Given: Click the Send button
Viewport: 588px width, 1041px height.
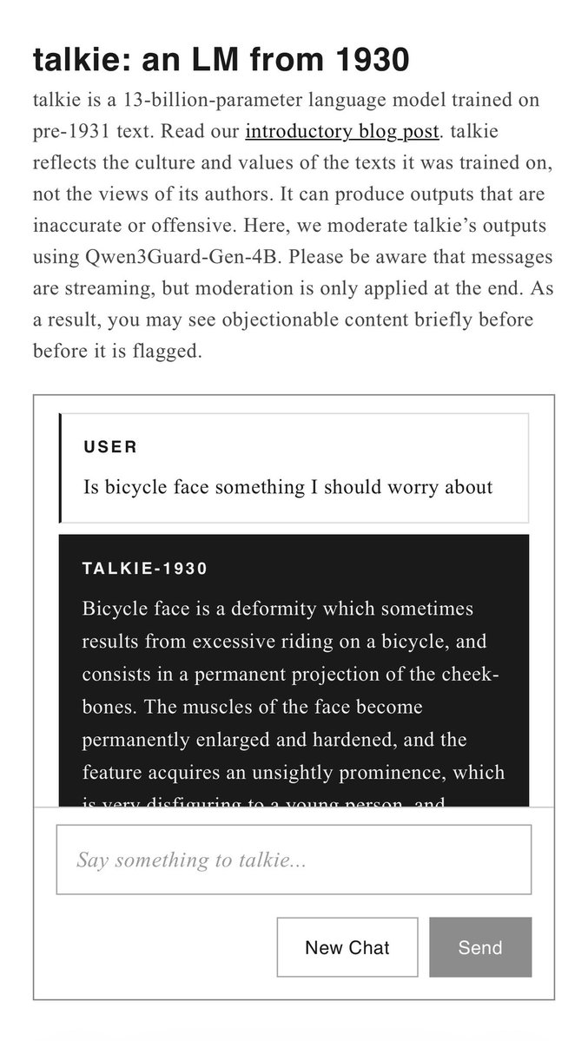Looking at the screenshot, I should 480,947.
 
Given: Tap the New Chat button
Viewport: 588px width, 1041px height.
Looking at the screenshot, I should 347,947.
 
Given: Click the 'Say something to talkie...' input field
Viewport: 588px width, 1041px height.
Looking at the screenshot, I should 294,860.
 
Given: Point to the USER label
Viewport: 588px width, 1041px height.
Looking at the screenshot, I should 110,447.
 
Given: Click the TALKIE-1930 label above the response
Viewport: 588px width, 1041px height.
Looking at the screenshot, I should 145,569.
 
